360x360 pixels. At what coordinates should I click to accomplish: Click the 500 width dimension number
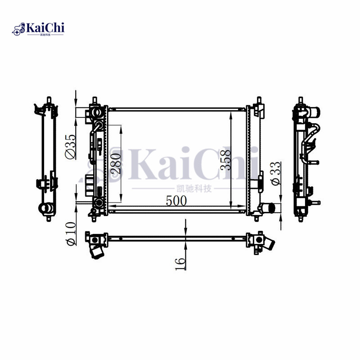176,201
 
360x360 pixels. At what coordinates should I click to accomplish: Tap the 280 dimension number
115,163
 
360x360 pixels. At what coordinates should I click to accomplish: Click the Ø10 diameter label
71,234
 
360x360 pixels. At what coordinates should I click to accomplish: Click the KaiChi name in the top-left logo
45,28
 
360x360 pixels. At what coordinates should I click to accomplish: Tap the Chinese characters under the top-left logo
45,36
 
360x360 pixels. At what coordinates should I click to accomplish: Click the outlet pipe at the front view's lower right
269,208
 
